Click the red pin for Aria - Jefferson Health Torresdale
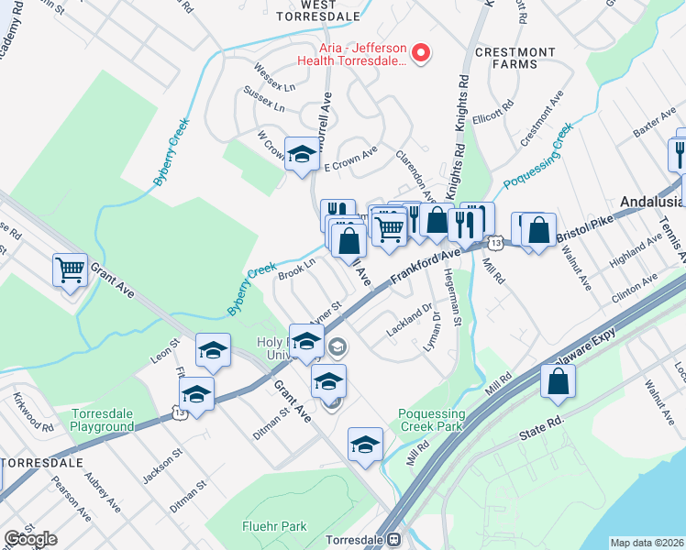[421, 54]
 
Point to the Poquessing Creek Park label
[432, 421]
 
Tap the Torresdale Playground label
[103, 421]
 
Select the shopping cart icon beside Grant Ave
[70, 270]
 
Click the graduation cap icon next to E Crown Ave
[301, 154]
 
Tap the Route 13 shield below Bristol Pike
[495, 243]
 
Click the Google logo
[30, 539]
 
